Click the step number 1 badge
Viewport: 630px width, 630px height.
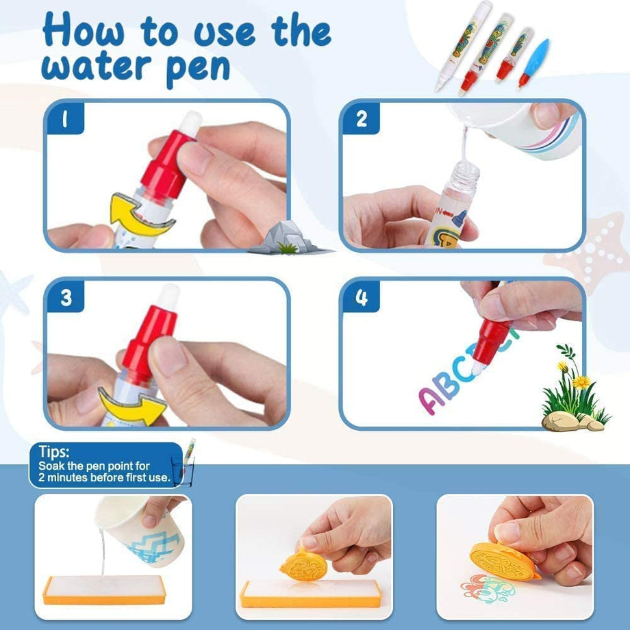point(65,118)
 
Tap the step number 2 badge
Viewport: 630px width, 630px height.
point(361,118)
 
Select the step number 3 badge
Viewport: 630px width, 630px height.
point(66,297)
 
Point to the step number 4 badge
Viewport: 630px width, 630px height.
point(361,297)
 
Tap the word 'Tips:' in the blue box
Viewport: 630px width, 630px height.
point(54,451)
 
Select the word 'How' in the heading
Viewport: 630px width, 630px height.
point(83,29)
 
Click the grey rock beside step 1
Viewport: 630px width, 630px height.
point(289,238)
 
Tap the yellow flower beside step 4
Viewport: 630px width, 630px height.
point(581,381)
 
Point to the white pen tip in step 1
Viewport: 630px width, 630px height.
point(190,123)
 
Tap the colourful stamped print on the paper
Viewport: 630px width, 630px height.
point(488,589)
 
